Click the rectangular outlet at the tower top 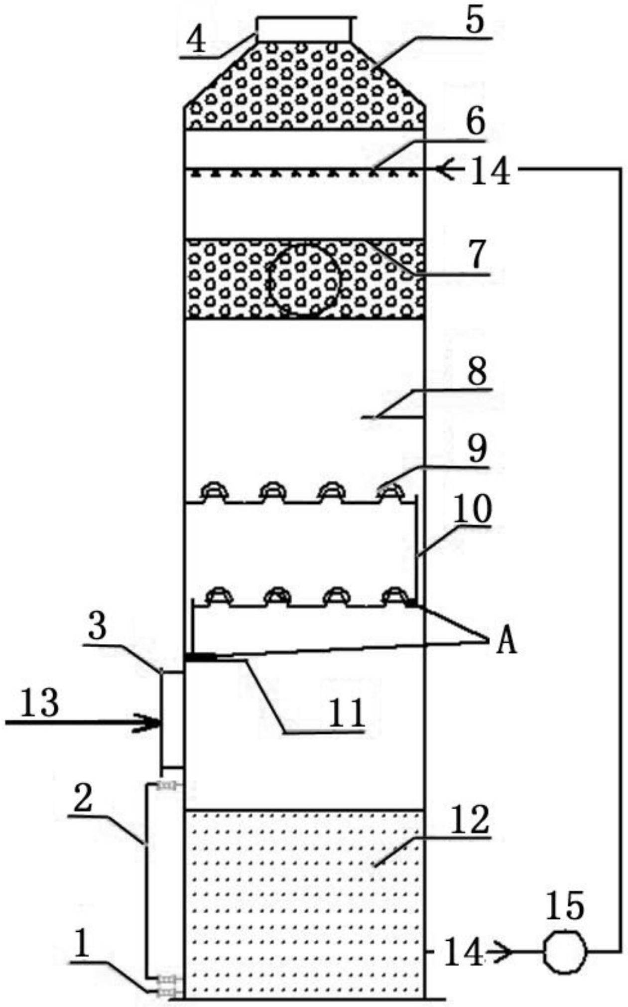coord(303,29)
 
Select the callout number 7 coord(477,255)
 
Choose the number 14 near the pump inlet coord(463,952)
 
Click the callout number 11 coord(345,713)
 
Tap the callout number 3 coord(98,627)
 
